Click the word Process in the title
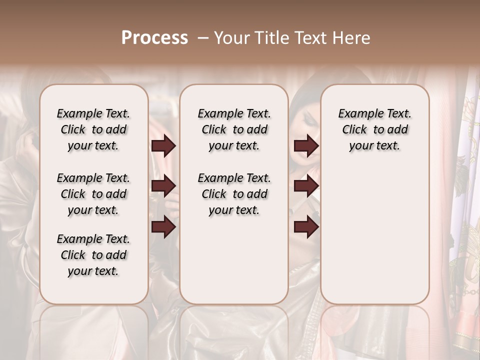pyautogui.click(x=154, y=38)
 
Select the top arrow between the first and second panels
pyautogui.click(x=163, y=146)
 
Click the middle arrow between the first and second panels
pyautogui.click(x=163, y=186)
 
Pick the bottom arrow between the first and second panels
pyautogui.click(x=163, y=227)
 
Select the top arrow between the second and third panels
pyautogui.click(x=306, y=146)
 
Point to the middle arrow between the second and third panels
pyautogui.click(x=306, y=186)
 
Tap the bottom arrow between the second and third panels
pyautogui.click(x=306, y=227)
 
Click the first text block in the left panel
pyautogui.click(x=93, y=129)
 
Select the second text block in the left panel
pyautogui.click(x=93, y=194)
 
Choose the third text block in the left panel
pyautogui.click(x=93, y=255)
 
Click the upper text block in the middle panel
pyautogui.click(x=234, y=129)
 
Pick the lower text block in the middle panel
pyautogui.click(x=234, y=194)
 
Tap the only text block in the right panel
pyautogui.click(x=374, y=129)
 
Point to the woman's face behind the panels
pyautogui.click(x=306, y=120)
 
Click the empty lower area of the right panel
pyautogui.click(x=374, y=235)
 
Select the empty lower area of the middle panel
pyautogui.click(x=234, y=260)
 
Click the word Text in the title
pyautogui.click(x=309, y=38)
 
